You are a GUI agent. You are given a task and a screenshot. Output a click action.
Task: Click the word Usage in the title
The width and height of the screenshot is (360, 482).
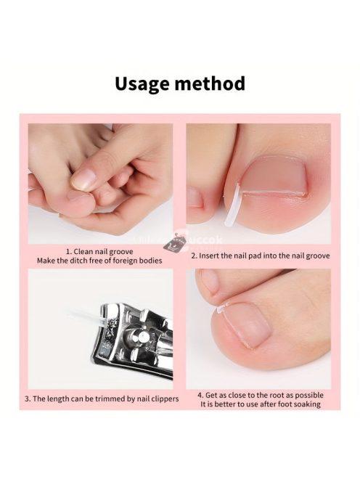143,83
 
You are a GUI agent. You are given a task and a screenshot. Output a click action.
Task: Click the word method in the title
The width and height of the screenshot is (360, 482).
210,83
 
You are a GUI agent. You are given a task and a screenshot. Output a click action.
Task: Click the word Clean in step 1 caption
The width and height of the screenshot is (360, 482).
83,251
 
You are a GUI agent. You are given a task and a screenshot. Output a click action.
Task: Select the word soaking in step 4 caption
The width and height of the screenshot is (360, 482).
306,404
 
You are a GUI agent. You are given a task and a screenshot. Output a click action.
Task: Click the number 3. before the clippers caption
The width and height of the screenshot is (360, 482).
28,399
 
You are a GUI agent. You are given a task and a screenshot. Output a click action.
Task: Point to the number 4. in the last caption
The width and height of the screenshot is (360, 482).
200,396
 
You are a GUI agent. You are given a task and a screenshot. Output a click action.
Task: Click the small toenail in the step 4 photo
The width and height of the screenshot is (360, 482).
208,280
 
